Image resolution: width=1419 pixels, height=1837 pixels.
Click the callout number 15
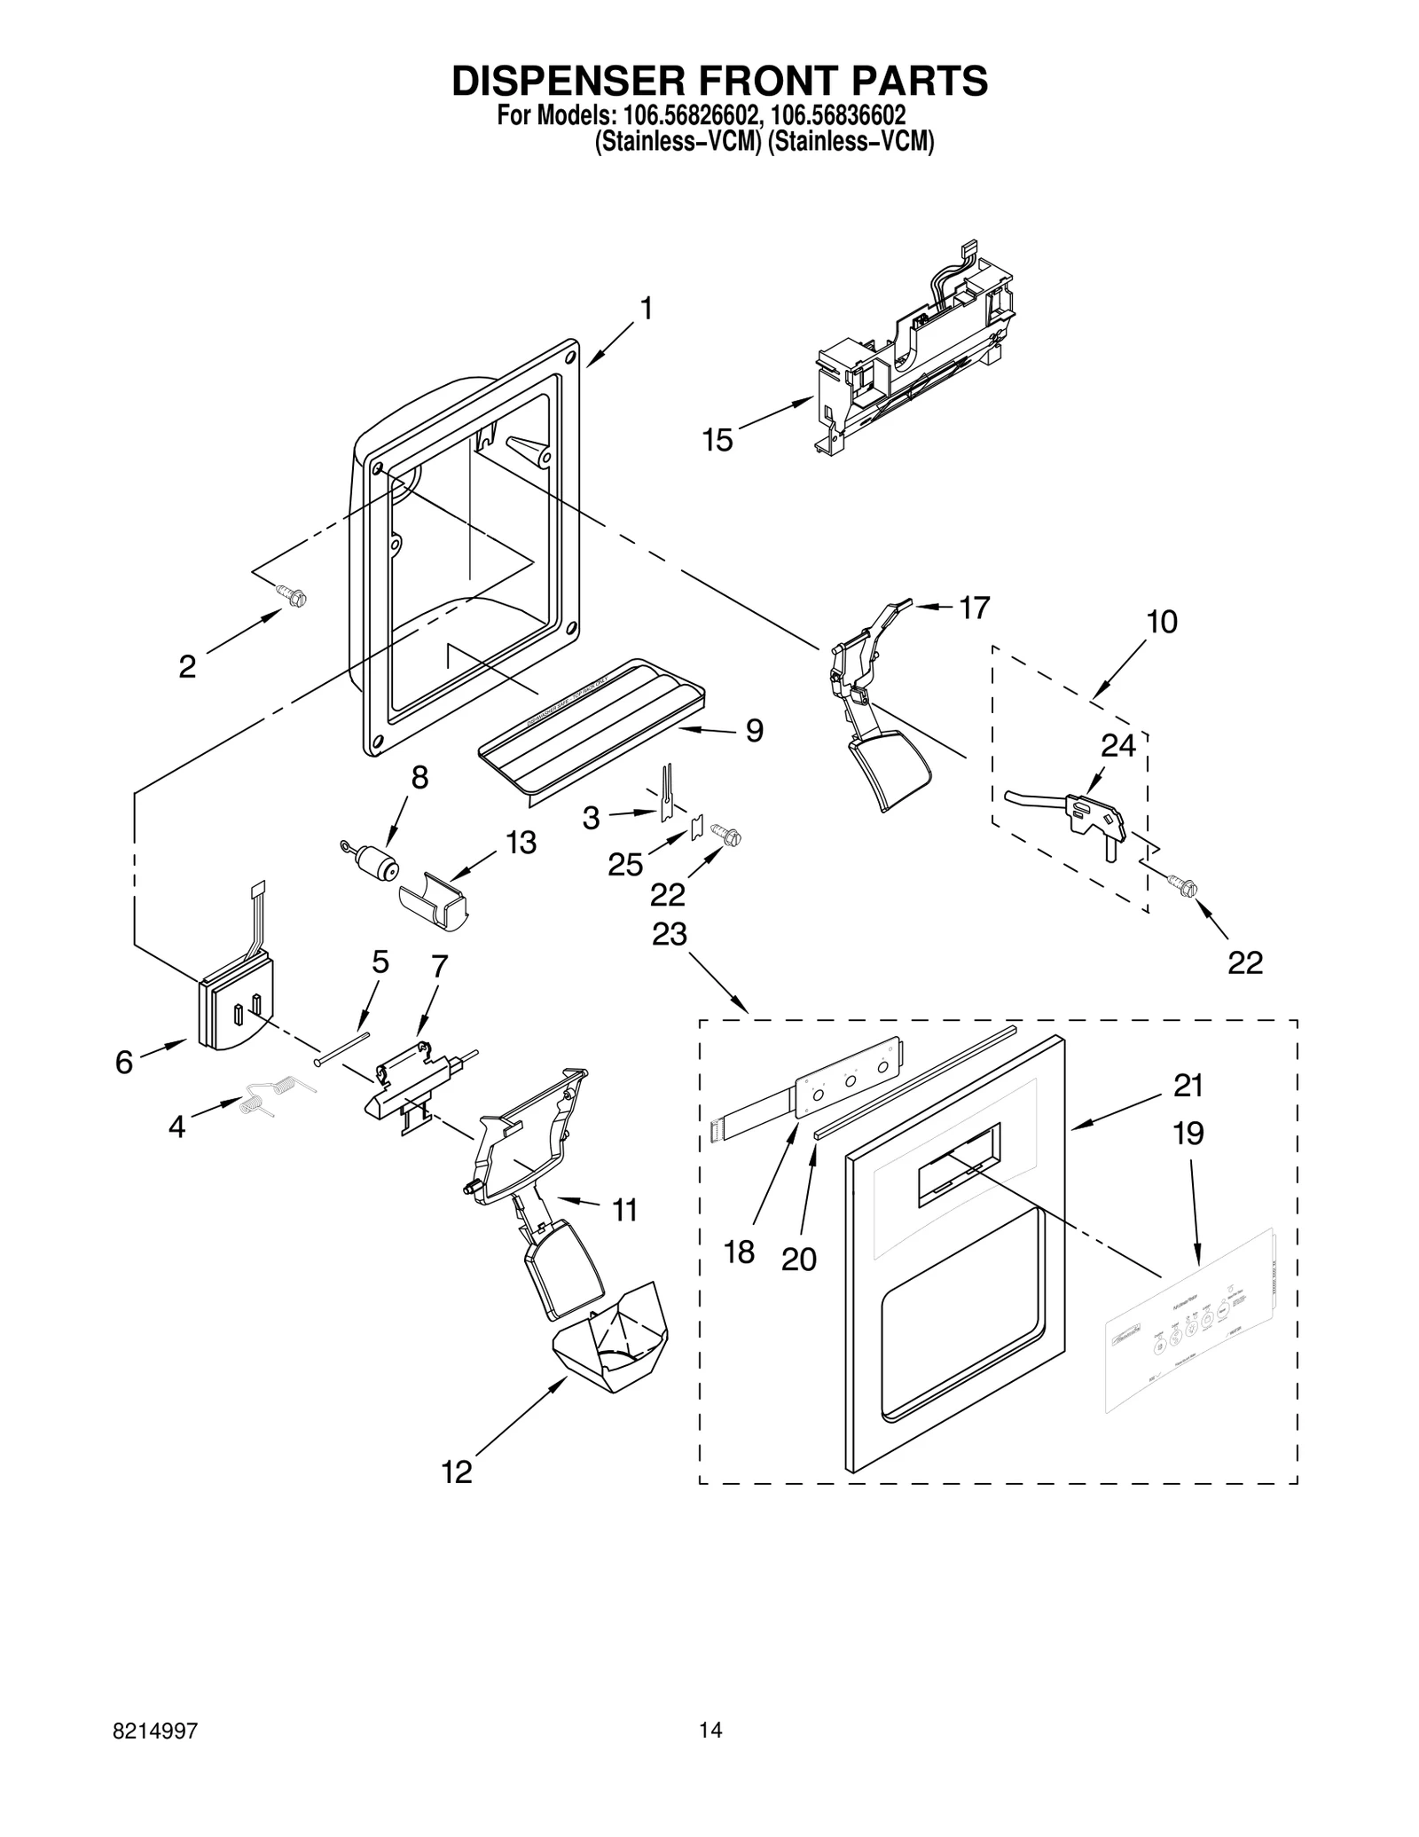[x=717, y=440]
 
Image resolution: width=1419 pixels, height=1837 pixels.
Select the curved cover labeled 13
[x=434, y=899]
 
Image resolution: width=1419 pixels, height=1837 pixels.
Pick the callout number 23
[x=670, y=934]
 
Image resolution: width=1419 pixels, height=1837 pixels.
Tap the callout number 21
[x=1188, y=1086]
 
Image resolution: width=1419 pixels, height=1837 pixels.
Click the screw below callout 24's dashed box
[x=1183, y=885]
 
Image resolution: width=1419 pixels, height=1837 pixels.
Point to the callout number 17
[x=974, y=608]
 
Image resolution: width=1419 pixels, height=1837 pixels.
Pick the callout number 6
[x=124, y=1063]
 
